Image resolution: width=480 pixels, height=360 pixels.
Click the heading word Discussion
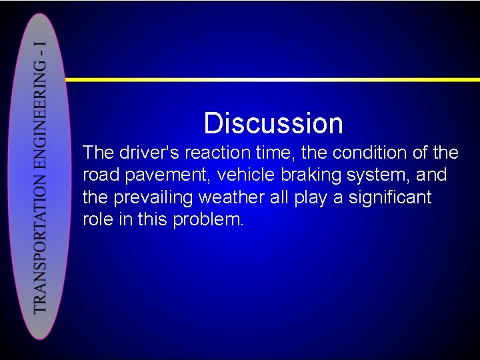pyautogui.click(x=273, y=123)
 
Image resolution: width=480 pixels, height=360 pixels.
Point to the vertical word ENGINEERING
pyautogui.click(x=41, y=124)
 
